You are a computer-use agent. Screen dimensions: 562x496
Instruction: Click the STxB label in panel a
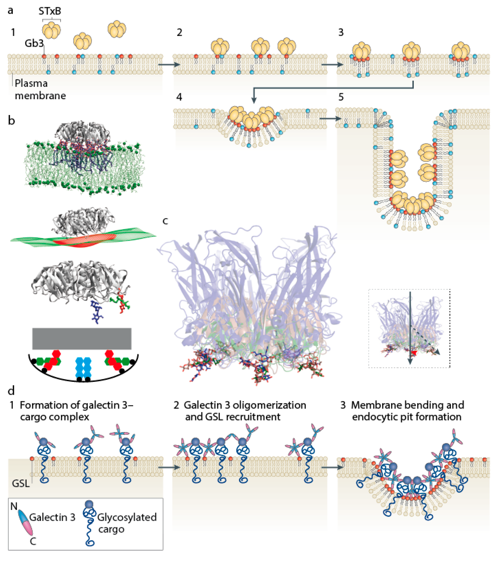point(50,11)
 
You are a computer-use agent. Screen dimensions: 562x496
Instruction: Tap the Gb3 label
point(34,43)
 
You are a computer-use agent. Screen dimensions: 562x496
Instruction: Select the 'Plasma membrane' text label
point(40,89)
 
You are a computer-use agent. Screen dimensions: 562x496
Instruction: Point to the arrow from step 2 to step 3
point(332,65)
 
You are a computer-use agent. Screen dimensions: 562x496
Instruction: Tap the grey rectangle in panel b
point(82,338)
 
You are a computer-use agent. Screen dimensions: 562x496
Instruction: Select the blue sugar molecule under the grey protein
point(96,312)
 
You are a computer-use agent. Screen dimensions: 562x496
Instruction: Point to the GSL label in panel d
point(21,483)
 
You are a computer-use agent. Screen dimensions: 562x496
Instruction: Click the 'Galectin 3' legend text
point(52,517)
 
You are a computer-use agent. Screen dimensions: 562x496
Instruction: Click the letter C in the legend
point(33,541)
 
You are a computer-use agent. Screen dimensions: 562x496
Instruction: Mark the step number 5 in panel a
point(341,97)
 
